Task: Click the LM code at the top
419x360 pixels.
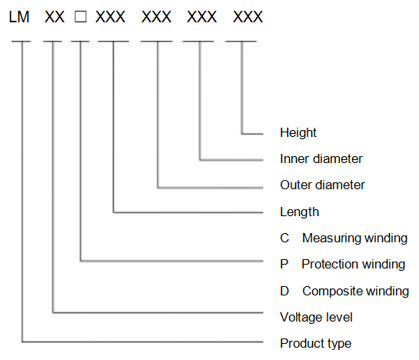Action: click(x=19, y=17)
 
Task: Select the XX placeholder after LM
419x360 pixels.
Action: click(x=55, y=17)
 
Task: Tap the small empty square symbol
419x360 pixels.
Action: click(x=81, y=17)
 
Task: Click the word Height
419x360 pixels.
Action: click(x=298, y=132)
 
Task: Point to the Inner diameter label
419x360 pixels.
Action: click(x=321, y=159)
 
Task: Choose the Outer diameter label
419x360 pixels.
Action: click(x=322, y=185)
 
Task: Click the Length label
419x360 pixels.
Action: click(x=299, y=212)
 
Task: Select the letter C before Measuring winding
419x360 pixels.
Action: click(x=284, y=238)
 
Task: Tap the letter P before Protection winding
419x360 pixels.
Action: click(x=284, y=265)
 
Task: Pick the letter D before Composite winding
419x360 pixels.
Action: click(x=284, y=291)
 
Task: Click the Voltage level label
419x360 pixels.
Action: click(x=316, y=318)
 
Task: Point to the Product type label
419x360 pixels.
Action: click(x=315, y=343)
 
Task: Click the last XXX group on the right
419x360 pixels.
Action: click(x=248, y=17)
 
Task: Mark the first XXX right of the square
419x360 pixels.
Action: click(x=110, y=17)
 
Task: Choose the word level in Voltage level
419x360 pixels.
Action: click(x=339, y=318)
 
